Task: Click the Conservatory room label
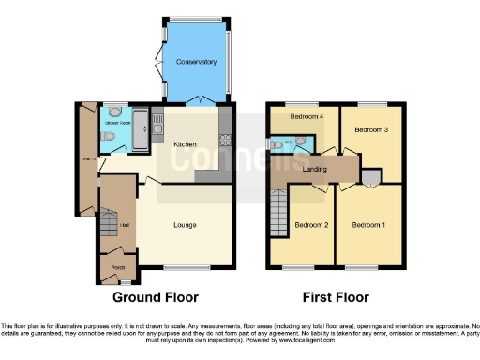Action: pyautogui.click(x=196, y=63)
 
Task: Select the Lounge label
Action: pyautogui.click(x=186, y=225)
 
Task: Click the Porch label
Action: pyautogui.click(x=118, y=268)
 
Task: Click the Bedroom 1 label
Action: pyautogui.click(x=367, y=225)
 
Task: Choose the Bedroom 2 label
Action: pyautogui.click(x=311, y=225)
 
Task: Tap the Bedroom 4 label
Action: pyautogui.click(x=306, y=116)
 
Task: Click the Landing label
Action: pyautogui.click(x=314, y=169)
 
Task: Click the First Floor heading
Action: pyautogui.click(x=335, y=297)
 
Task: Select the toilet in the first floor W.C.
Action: pyautogui.click(x=276, y=145)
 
